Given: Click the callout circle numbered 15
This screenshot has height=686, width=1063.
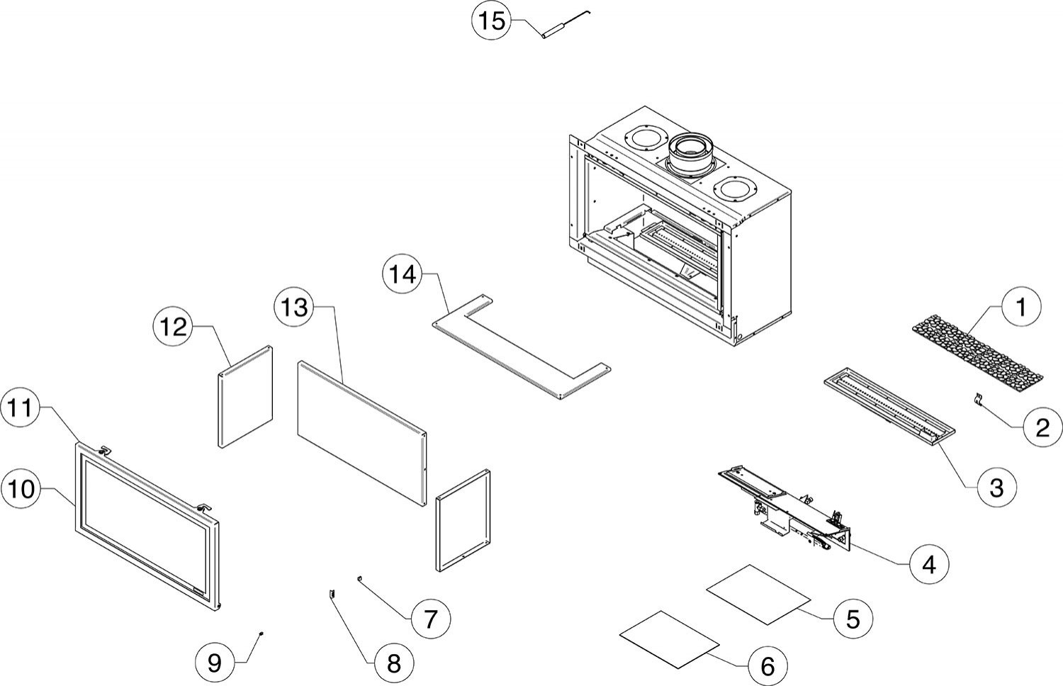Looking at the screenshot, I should point(490,21).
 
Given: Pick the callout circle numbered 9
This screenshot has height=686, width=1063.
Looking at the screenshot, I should point(214,663).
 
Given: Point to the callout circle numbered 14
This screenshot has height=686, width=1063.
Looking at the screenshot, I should point(403,274).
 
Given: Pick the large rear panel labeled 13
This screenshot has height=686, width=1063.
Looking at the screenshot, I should point(361,432).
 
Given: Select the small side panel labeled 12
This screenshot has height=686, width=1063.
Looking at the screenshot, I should point(244,397).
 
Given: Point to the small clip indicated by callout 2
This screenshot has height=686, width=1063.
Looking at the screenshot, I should point(977,401).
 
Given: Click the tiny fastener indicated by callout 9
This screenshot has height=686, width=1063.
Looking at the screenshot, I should point(262,633).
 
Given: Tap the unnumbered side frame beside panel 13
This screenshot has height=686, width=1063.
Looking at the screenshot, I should point(463,521).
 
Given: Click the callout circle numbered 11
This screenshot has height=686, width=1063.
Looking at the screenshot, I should point(23,409).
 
